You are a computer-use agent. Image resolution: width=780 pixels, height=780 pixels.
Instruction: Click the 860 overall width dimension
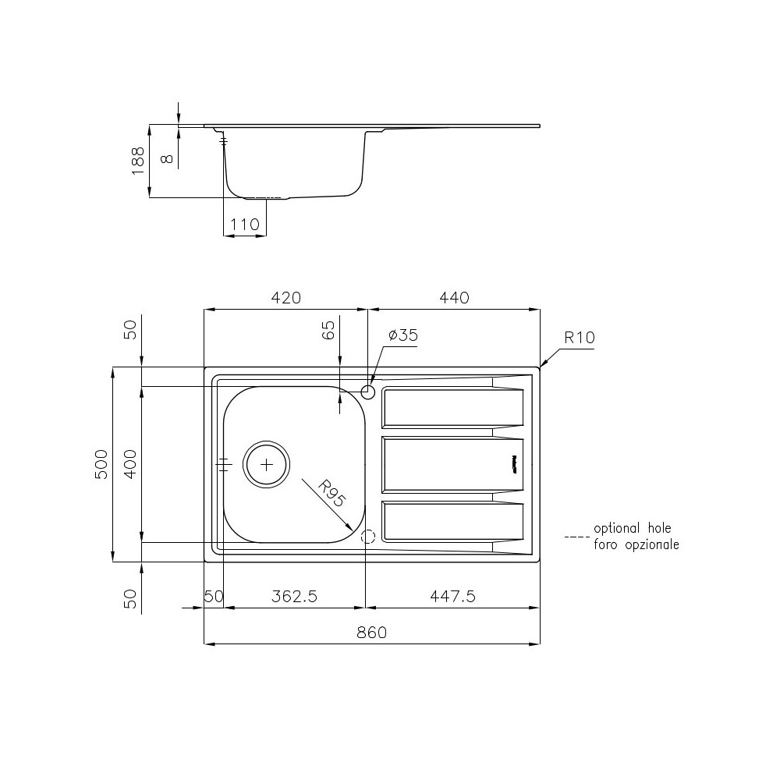371,633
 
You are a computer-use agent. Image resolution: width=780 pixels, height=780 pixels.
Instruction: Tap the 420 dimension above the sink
285,298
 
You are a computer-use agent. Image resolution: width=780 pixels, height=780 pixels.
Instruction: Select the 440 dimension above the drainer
454,298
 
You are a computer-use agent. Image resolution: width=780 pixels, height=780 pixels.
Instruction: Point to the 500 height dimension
101,465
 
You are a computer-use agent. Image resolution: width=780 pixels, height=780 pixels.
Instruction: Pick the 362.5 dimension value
294,597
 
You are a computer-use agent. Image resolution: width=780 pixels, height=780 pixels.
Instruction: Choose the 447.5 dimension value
452,597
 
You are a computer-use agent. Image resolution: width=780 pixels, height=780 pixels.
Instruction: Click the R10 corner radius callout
580,338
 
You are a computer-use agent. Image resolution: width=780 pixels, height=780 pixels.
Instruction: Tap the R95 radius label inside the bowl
331,494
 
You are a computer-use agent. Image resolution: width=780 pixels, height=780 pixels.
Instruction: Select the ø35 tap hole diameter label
402,335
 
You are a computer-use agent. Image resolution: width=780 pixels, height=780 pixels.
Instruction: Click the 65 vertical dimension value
328,330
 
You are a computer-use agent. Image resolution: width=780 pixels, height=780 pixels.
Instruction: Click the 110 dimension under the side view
245,225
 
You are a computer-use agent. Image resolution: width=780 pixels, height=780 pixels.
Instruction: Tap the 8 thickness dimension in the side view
165,158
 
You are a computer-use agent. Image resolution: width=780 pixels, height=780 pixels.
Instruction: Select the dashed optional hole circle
369,536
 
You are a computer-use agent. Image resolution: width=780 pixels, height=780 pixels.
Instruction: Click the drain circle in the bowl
267,464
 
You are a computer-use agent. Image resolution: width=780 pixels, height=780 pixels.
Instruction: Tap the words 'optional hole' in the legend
632,528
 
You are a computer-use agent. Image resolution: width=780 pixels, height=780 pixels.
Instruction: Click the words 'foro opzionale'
636,544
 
